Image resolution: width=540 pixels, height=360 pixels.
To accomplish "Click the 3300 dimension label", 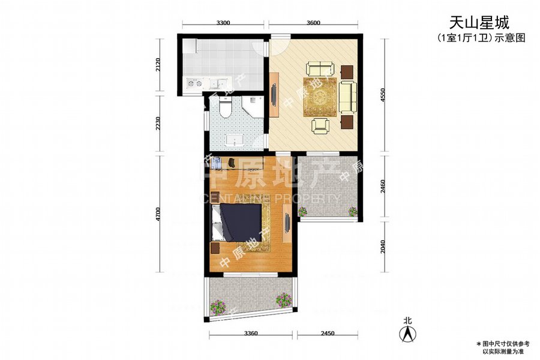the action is [223, 23].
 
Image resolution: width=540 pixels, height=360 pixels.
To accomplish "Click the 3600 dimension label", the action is [313, 23].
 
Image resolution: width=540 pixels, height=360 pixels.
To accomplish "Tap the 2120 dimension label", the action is [158, 64].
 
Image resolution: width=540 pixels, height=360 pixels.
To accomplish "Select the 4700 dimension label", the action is [158, 214].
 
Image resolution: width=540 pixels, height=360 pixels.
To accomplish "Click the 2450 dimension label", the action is [328, 333].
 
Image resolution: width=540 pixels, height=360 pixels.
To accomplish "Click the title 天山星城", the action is [479, 23].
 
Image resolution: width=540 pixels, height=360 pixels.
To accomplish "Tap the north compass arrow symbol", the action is [408, 334].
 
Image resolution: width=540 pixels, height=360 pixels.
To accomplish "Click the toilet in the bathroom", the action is [226, 106].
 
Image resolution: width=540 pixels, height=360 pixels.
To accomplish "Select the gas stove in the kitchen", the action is [194, 83].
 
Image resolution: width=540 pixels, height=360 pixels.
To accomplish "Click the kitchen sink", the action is [217, 83].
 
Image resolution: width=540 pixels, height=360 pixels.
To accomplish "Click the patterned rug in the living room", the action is [320, 97].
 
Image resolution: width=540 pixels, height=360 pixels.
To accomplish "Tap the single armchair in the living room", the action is [320, 125].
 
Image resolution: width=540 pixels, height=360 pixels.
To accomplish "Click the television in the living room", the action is [274, 94].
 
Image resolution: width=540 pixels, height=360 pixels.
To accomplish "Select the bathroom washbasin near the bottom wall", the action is [235, 140].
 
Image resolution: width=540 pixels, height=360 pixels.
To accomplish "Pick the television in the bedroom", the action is [287, 223].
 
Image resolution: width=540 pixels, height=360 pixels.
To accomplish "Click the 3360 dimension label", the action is [251, 333].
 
